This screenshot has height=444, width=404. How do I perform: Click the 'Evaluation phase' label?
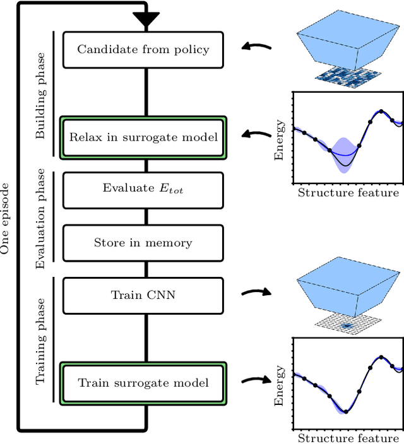pos(42,218)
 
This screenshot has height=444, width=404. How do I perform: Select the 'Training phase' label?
pos(42,341)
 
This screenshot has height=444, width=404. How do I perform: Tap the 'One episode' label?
pos(6,218)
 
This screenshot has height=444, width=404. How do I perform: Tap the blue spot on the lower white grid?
pos(346,325)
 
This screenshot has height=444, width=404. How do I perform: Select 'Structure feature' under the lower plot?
pos(348,438)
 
